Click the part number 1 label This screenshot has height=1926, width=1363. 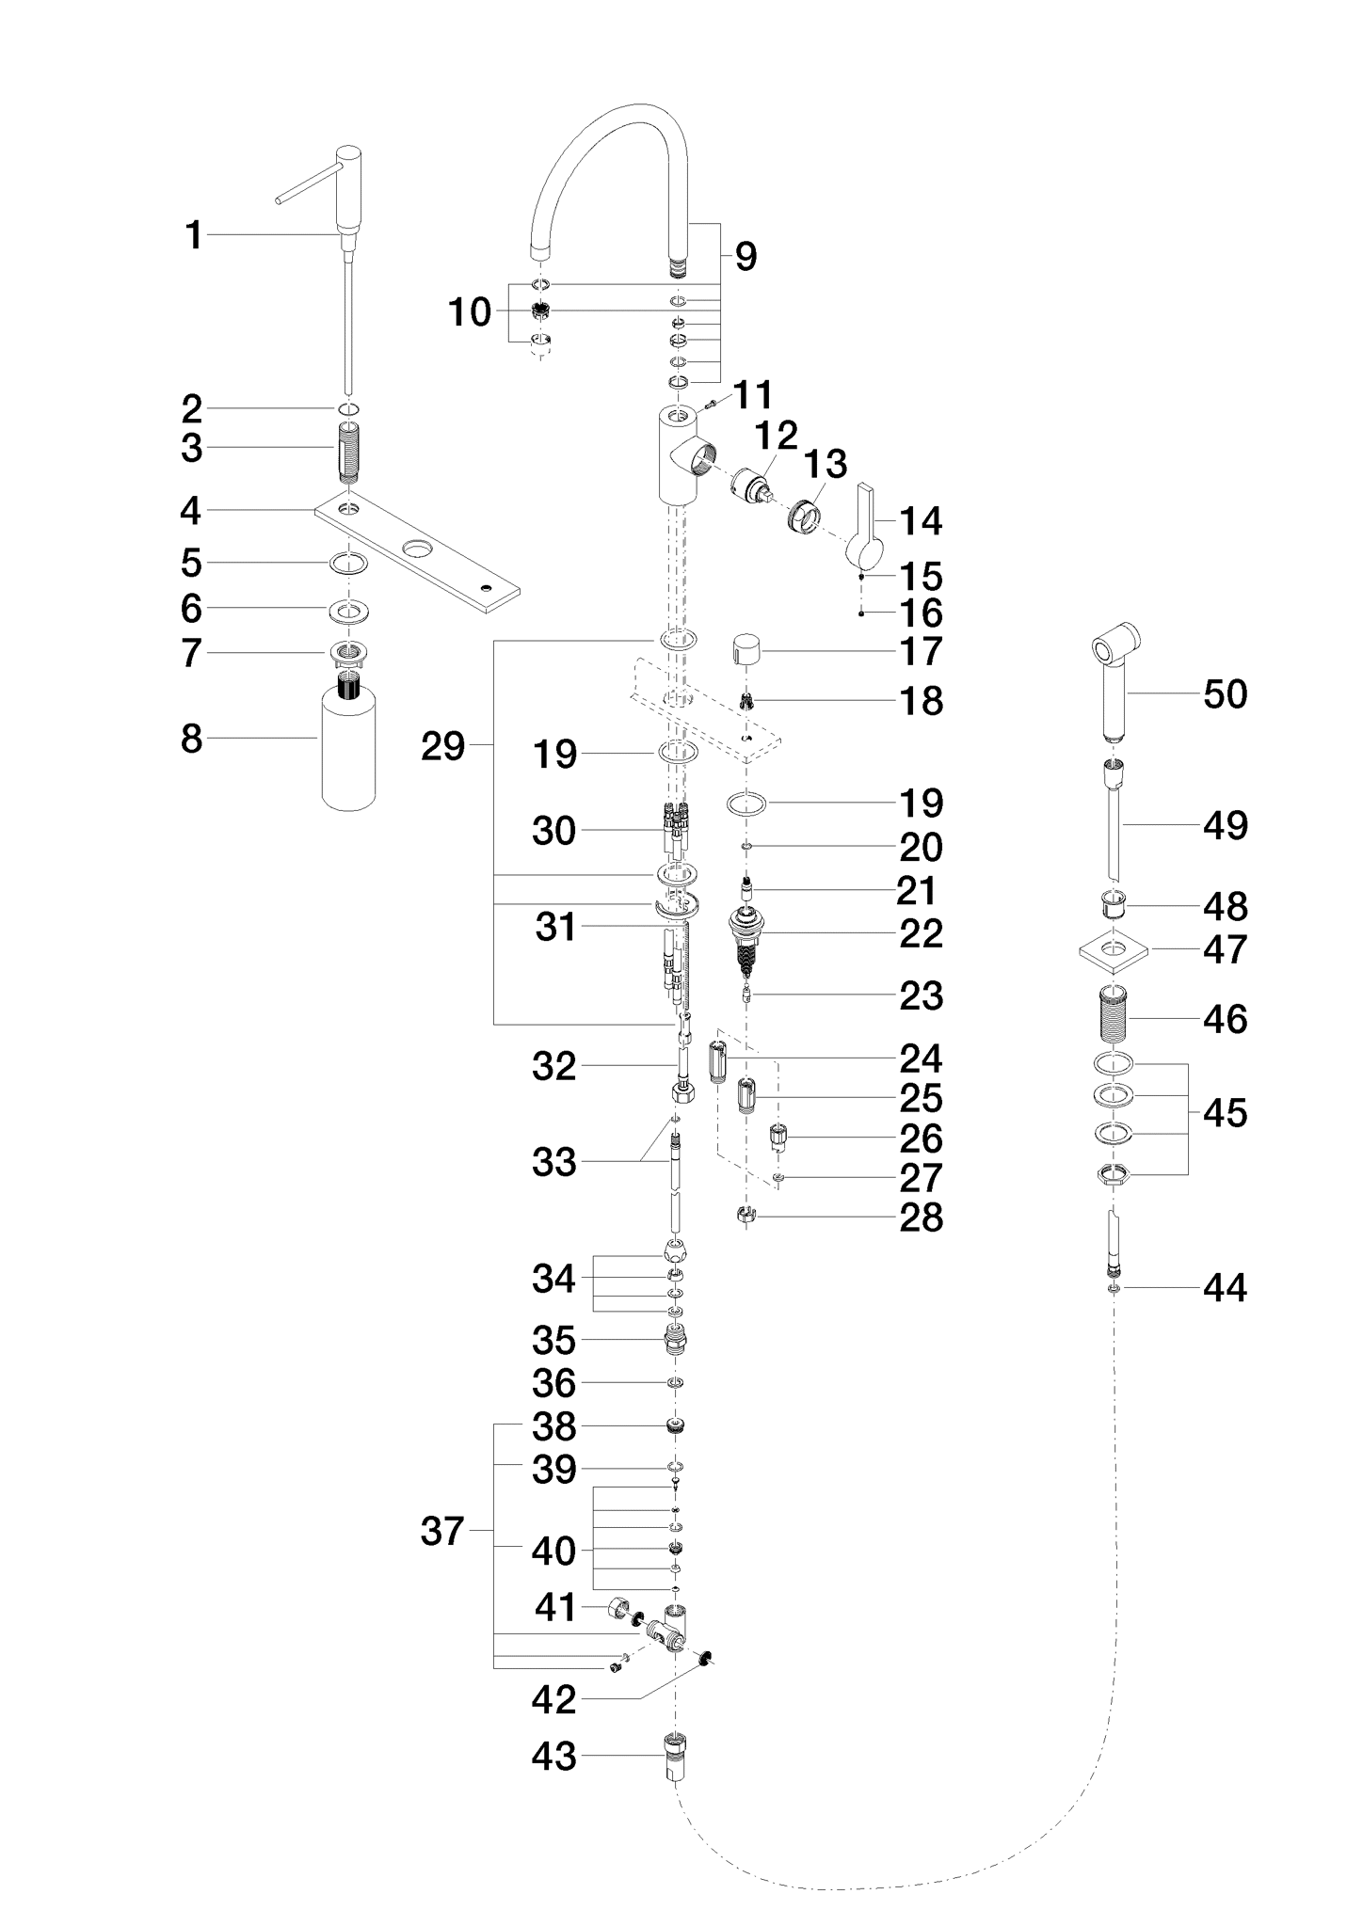coord(194,235)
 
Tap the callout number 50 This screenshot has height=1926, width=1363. coord(1225,694)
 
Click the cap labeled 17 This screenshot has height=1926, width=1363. coord(747,649)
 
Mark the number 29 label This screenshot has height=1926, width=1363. coord(442,746)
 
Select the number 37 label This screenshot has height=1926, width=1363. coord(442,1532)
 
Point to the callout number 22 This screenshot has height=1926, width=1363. coord(921,933)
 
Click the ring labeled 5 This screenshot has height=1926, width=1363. coord(348,565)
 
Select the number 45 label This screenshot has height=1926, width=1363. coord(1225,1113)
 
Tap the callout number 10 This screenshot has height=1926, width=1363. coord(469,312)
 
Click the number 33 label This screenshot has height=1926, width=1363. coord(553,1163)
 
